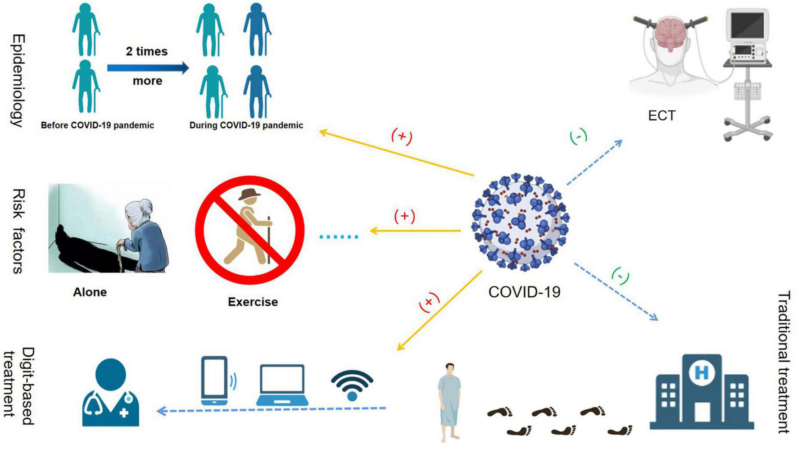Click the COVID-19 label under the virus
[524, 292]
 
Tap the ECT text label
[662, 116]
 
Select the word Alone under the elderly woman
[90, 292]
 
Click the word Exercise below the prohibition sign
[253, 302]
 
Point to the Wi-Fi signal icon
[352, 385]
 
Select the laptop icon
[282, 386]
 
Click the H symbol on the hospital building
[701, 372]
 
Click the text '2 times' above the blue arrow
[146, 51]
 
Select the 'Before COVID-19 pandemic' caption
[97, 125]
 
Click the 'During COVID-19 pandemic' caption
[246, 125]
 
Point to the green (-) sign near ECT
[578, 136]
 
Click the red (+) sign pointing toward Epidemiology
[402, 136]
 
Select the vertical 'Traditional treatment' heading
[784, 362]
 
